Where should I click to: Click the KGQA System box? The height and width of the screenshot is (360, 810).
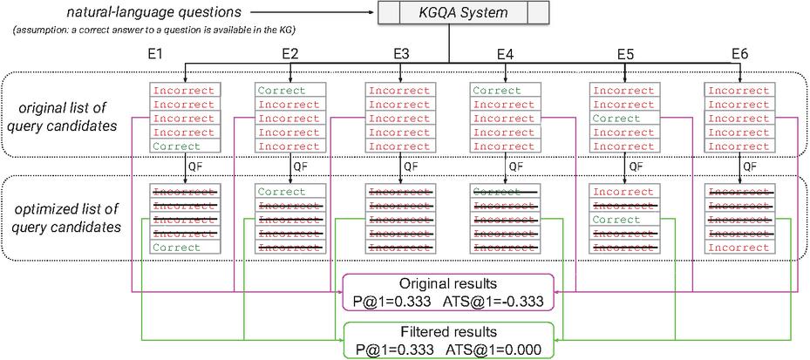462,13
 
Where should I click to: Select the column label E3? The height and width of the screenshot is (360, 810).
401,54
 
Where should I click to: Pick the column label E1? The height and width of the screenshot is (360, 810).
155,54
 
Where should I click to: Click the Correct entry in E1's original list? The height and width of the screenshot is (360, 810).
177,146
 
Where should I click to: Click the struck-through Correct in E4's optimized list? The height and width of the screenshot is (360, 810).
497,192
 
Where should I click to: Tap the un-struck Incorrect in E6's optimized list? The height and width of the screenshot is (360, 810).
738,248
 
